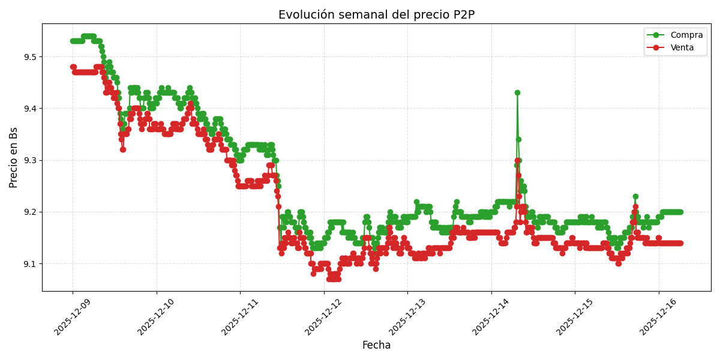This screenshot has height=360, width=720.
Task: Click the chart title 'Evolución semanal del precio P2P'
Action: click(x=376, y=15)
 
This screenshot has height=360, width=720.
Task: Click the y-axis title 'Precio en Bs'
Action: click(x=14, y=157)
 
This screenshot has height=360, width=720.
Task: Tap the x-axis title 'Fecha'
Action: click(x=376, y=346)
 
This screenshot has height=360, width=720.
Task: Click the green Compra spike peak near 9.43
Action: click(x=517, y=93)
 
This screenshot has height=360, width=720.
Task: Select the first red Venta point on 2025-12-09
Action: click(x=73, y=67)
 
